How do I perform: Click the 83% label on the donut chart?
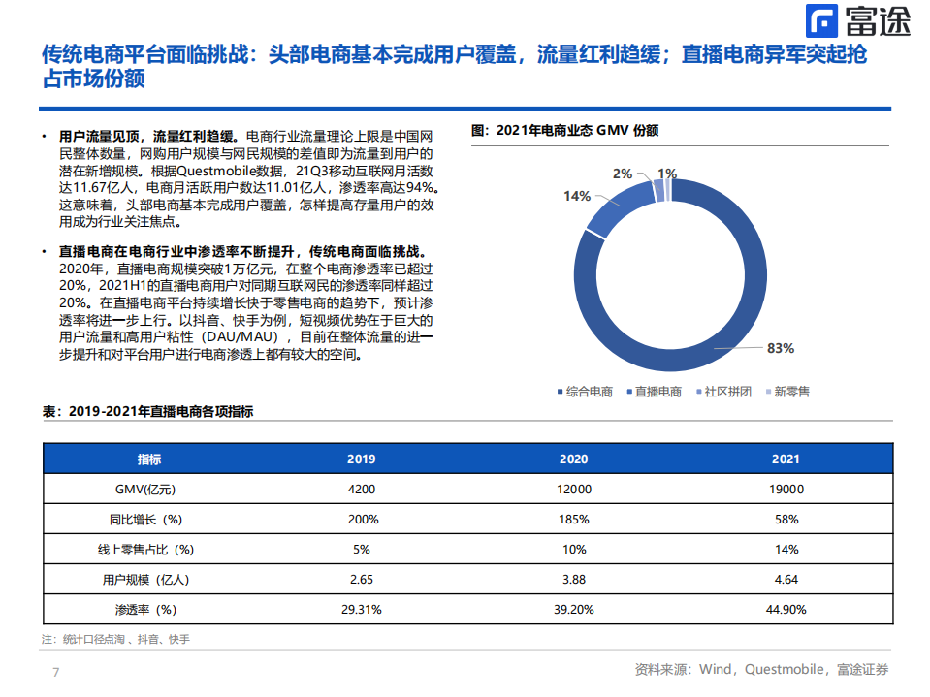click(x=780, y=348)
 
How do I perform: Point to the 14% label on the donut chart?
click(x=576, y=196)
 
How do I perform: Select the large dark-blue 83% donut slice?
click(x=737, y=291)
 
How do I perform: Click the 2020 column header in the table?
click(x=573, y=459)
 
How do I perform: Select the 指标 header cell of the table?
click(x=149, y=459)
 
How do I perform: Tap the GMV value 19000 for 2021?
click(x=786, y=489)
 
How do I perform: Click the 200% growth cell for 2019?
click(x=362, y=519)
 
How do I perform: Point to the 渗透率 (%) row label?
click(x=149, y=609)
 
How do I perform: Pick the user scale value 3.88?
click(x=573, y=579)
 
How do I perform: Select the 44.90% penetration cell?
click(x=786, y=609)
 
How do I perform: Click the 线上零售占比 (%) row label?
click(x=149, y=549)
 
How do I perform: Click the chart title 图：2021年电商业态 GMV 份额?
click(x=564, y=130)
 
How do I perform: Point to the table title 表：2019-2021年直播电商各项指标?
click(x=147, y=412)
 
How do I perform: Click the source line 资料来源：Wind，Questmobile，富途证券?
click(x=761, y=669)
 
